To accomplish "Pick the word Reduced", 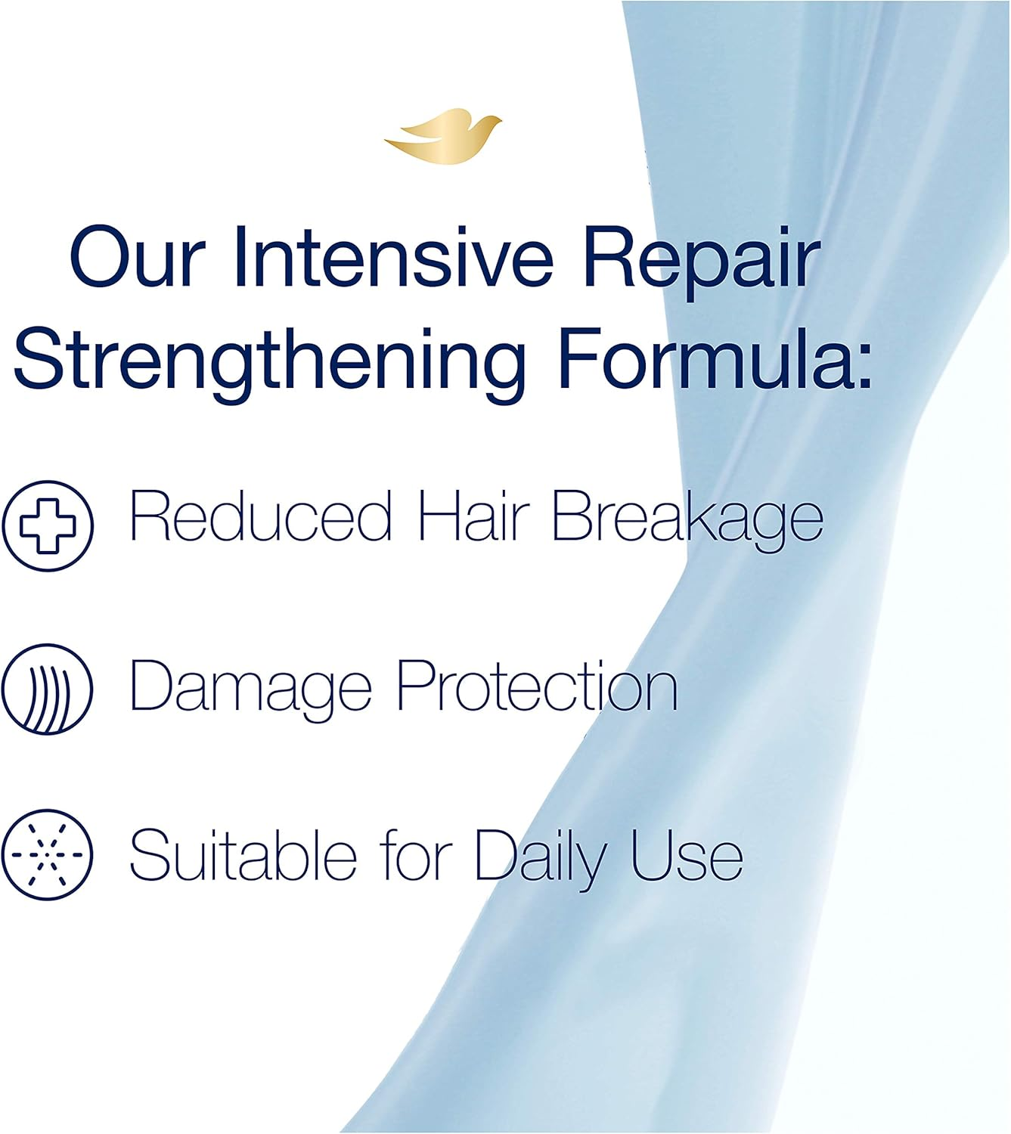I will pyautogui.click(x=261, y=516).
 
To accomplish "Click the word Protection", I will pyautogui.click(x=537, y=686).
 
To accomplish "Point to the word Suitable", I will pyautogui.click(x=243, y=855).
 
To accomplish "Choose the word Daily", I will pyautogui.click(x=541, y=859).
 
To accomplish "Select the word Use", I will pyautogui.click(x=687, y=855).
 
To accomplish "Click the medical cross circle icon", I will pyautogui.click(x=48, y=525).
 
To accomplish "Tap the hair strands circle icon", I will pyautogui.click(x=47, y=689).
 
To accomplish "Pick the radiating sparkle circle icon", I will pyautogui.click(x=47, y=855).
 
